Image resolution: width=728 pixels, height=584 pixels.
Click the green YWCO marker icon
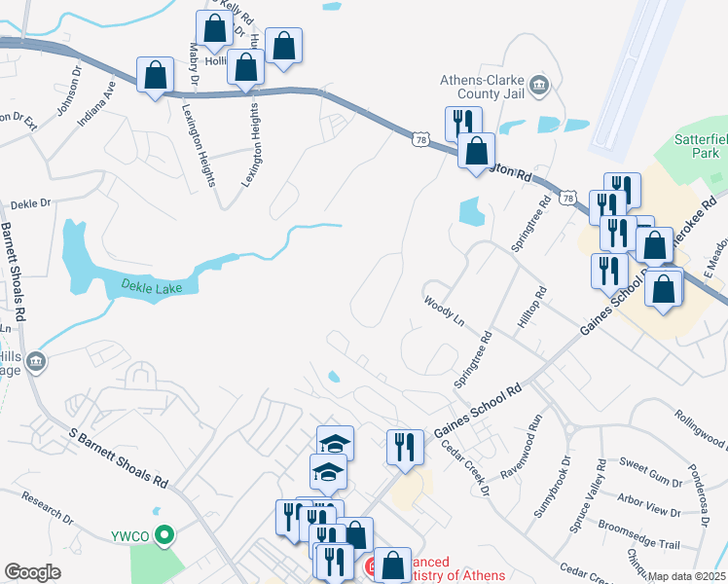[x=165, y=533]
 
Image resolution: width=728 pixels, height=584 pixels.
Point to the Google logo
[x=33, y=572]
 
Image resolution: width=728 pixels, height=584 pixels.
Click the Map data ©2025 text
[x=687, y=576]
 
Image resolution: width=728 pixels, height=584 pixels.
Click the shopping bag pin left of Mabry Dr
[x=155, y=74]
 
